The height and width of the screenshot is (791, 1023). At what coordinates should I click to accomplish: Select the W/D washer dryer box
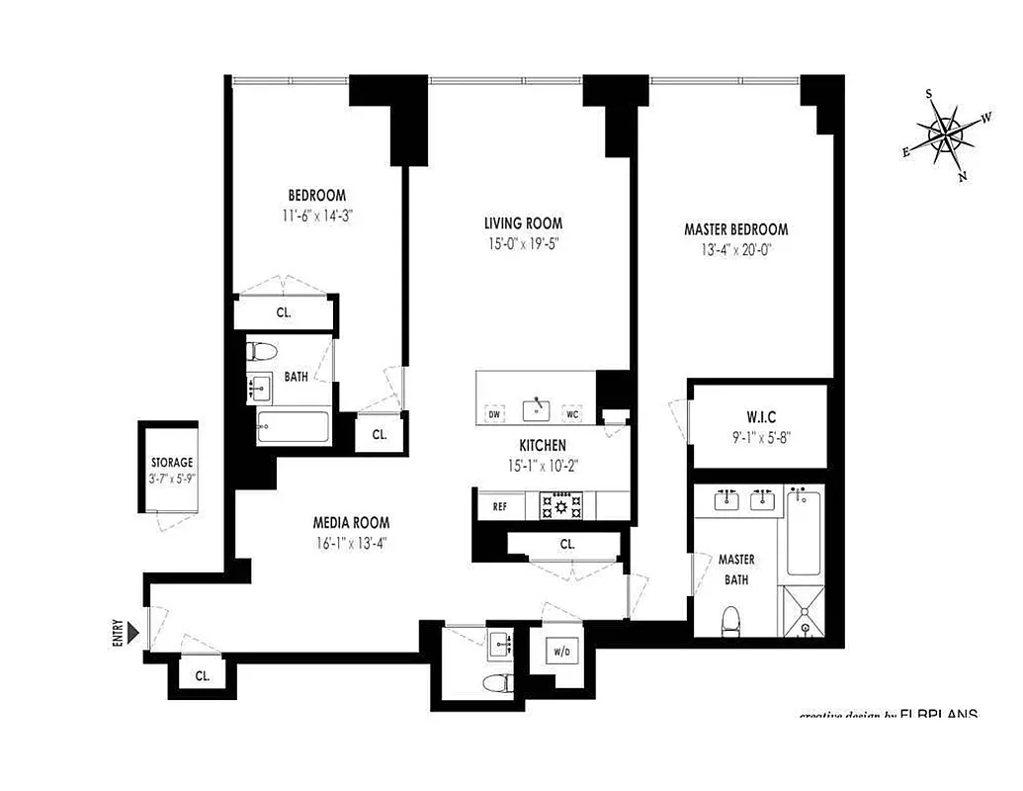560,652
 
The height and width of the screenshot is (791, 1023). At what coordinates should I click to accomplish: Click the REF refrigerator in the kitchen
501,507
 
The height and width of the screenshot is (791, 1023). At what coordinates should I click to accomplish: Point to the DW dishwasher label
494,413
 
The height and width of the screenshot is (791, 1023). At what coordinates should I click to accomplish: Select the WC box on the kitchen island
572,413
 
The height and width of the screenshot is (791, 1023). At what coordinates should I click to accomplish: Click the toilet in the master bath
731,621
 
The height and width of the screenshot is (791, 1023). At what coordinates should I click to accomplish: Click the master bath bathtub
808,534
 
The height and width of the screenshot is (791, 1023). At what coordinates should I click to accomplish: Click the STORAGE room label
171,463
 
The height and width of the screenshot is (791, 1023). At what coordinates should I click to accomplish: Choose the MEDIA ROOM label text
351,522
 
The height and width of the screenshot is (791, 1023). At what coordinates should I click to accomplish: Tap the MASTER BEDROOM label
735,229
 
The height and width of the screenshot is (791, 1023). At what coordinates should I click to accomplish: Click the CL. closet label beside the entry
202,676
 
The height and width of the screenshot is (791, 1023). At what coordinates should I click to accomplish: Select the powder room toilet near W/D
496,683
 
